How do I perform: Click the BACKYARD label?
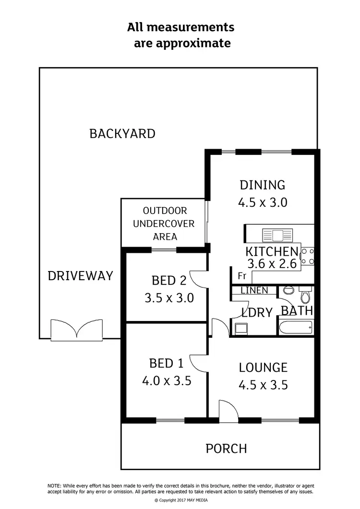(x=122, y=133)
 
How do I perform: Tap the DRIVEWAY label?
(x=80, y=276)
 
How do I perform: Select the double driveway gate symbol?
(x=77, y=330)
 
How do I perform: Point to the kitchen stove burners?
(x=307, y=256)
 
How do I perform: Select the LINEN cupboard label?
(x=254, y=291)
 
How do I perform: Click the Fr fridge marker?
(x=242, y=276)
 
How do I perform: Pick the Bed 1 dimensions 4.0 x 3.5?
(x=167, y=381)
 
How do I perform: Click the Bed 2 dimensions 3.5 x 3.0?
(x=169, y=298)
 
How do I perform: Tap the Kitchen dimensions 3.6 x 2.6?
(x=272, y=263)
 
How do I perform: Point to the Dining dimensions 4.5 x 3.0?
(x=263, y=202)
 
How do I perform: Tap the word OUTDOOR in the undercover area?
(x=165, y=211)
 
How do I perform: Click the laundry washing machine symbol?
(x=240, y=329)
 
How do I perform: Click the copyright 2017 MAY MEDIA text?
(x=180, y=500)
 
